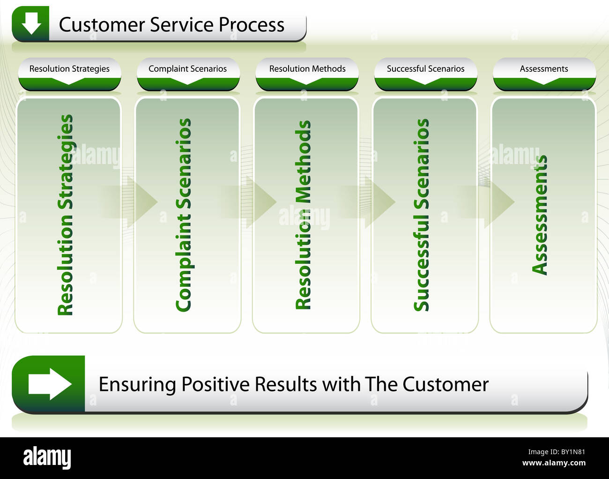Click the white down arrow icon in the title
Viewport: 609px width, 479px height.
(x=31, y=23)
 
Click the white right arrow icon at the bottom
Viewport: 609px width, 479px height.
(x=49, y=384)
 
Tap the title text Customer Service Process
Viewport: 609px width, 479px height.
(x=171, y=25)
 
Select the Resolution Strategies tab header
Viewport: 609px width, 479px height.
(x=69, y=69)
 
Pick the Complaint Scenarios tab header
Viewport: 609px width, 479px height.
(x=187, y=69)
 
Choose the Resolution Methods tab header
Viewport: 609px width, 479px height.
(x=307, y=69)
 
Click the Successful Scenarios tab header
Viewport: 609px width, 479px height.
(x=425, y=69)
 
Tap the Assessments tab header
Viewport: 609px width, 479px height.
(x=544, y=69)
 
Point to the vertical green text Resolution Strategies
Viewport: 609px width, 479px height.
(x=66, y=215)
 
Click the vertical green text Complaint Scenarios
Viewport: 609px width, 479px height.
(x=184, y=215)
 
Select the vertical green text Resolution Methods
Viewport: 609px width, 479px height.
(x=304, y=215)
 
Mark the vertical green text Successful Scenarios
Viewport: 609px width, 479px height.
(x=422, y=215)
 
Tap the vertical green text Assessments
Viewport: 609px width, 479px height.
(x=540, y=215)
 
